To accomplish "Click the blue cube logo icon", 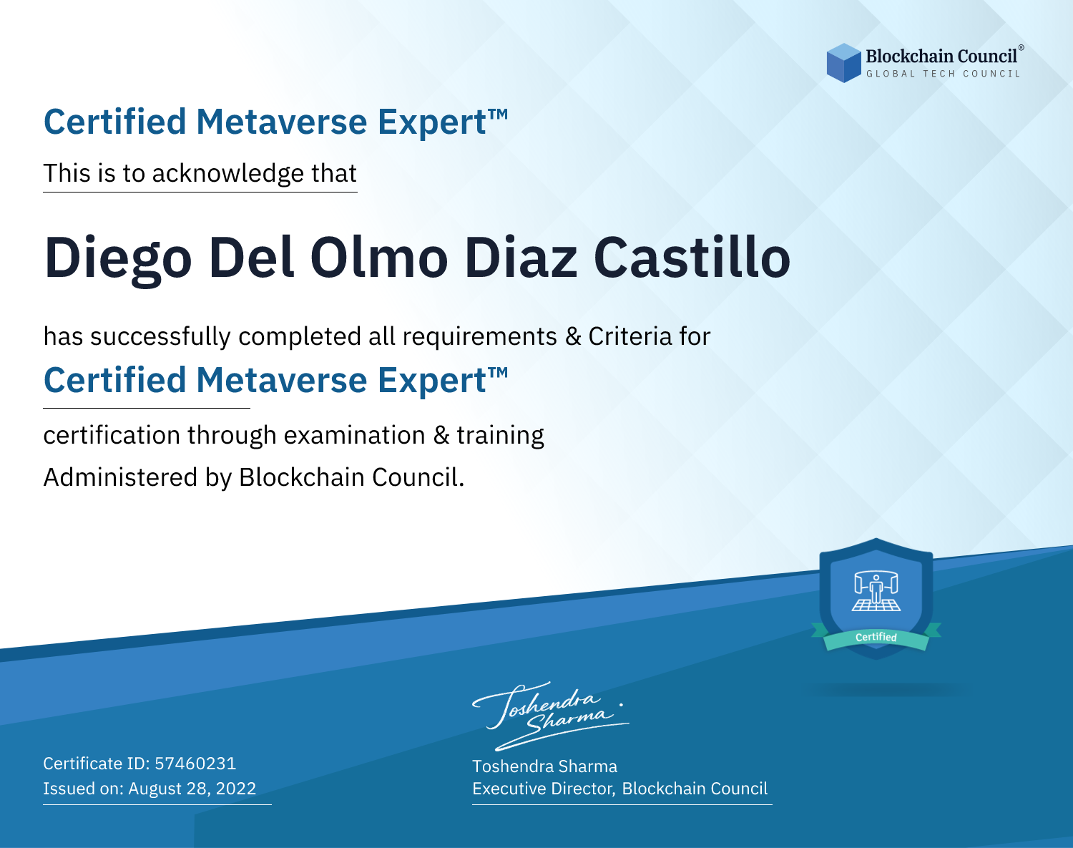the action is pyautogui.click(x=843, y=63).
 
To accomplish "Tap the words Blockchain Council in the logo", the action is pyautogui.click(x=941, y=57).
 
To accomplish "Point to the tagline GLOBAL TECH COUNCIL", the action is pyautogui.click(x=944, y=74).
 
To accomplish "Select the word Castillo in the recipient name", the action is pyautogui.click(x=692, y=257).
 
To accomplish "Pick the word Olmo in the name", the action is pyautogui.click(x=379, y=258).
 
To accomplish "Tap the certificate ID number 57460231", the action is pyautogui.click(x=195, y=764).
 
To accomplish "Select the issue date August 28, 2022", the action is pyautogui.click(x=192, y=789).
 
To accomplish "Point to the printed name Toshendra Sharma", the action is pyautogui.click(x=544, y=766).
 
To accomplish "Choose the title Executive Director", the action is pyautogui.click(x=544, y=789).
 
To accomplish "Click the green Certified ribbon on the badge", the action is pyautogui.click(x=876, y=637).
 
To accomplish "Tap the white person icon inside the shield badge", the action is pyautogui.click(x=876, y=592).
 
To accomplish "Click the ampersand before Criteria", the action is pyautogui.click(x=574, y=336).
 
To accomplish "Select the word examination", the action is pyautogui.click(x=354, y=435).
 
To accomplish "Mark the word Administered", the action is pyautogui.click(x=120, y=477).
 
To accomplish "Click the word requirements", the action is pyautogui.click(x=480, y=337).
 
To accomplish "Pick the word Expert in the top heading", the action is pyautogui.click(x=432, y=122).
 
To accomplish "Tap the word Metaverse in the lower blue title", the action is pyautogui.click(x=282, y=380).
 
